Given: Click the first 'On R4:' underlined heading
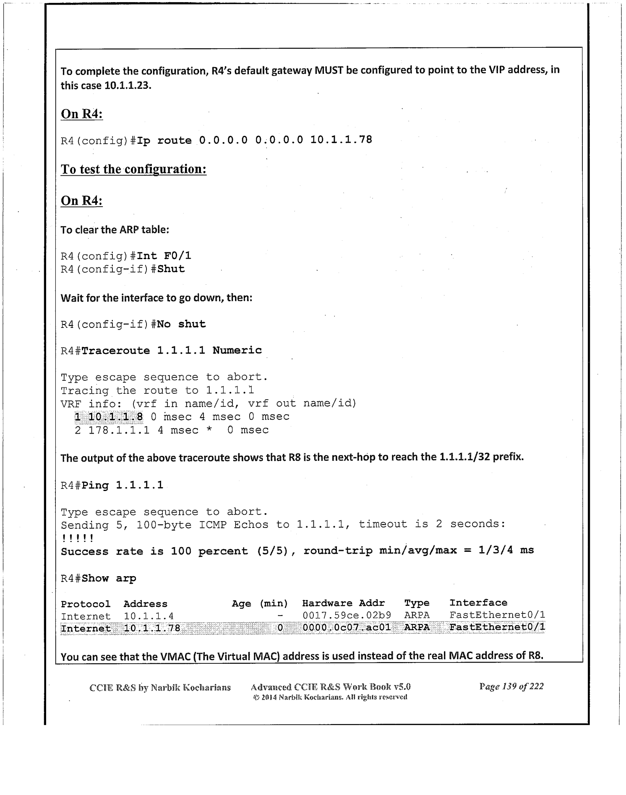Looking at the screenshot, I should click(82, 114).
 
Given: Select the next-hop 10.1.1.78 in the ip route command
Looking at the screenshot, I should click(341, 140).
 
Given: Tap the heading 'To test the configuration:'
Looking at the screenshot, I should click(133, 169).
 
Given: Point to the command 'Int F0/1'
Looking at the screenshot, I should click(164, 256).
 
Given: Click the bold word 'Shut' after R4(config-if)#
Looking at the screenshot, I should click(171, 269).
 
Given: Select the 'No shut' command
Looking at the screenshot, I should click(181, 324).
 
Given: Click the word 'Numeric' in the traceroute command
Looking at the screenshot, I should click(237, 350).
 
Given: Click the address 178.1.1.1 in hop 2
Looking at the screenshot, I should click(119, 430).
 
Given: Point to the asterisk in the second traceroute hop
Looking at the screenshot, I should click(209, 431).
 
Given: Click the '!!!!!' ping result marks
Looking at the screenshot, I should click(77, 538).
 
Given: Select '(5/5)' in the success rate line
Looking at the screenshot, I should click(274, 551).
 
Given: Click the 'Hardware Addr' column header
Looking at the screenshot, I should click(343, 603).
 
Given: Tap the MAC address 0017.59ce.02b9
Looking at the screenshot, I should click(347, 615).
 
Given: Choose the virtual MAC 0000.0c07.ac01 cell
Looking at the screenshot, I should click(347, 627).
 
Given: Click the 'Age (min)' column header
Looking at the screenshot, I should click(260, 604).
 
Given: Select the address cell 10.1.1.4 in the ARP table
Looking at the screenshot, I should click(149, 616).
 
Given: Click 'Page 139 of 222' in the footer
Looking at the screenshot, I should click(511, 686).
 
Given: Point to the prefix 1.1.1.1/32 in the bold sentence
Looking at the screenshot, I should click(464, 457).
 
